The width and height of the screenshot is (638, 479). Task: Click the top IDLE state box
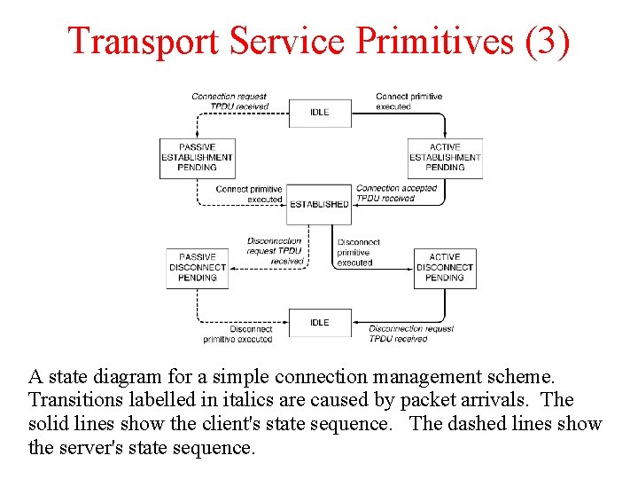pyautogui.click(x=320, y=113)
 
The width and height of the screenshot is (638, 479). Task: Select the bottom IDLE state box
pyautogui.click(x=320, y=323)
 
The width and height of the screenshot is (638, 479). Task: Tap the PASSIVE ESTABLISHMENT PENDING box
pyautogui.click(x=197, y=158)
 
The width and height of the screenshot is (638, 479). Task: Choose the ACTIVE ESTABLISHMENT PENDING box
pyautogui.click(x=445, y=158)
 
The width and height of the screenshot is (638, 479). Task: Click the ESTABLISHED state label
pyautogui.click(x=320, y=204)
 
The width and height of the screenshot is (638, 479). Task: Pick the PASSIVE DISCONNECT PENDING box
pyautogui.click(x=198, y=267)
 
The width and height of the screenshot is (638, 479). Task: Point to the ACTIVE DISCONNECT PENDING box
pyautogui.click(x=445, y=267)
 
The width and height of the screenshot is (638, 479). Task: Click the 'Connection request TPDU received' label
pyautogui.click(x=230, y=101)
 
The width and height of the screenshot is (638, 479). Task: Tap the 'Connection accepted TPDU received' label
pyautogui.click(x=396, y=193)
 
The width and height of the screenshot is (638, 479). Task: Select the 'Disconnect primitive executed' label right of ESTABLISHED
pyautogui.click(x=357, y=252)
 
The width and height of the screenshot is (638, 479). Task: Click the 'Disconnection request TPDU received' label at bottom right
pyautogui.click(x=410, y=334)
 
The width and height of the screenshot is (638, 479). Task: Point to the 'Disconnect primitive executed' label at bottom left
pyautogui.click(x=237, y=334)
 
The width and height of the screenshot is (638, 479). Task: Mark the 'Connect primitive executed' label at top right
pyautogui.click(x=408, y=101)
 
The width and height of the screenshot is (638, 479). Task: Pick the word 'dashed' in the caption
pyautogui.click(x=501, y=424)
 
